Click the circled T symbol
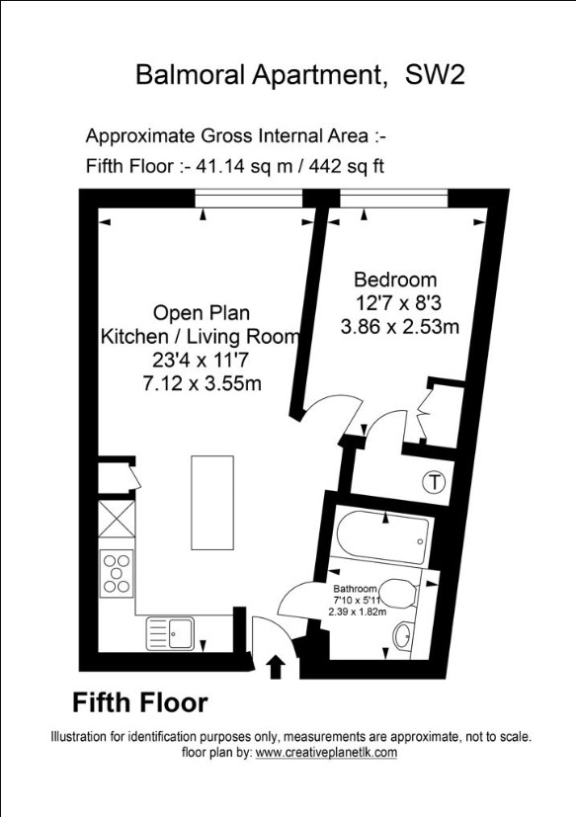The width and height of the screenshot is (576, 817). [x=434, y=481]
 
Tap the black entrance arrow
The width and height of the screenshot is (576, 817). [x=277, y=668]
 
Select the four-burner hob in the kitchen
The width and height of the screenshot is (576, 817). [x=117, y=573]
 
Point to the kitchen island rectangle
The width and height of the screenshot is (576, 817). [x=212, y=502]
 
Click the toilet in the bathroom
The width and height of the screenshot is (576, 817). [x=400, y=594]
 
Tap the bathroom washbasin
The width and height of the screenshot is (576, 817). [x=403, y=636]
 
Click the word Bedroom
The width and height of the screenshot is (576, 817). [x=395, y=280]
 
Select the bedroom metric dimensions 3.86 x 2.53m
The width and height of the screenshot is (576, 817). [x=400, y=327]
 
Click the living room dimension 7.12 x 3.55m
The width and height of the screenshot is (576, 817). [x=202, y=384]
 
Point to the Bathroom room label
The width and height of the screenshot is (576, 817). [x=355, y=589]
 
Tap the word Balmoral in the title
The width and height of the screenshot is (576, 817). [x=191, y=75]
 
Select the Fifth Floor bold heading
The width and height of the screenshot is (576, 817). [x=139, y=702]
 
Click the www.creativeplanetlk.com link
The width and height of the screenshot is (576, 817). [x=326, y=753]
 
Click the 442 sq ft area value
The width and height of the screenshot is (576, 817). [x=347, y=166]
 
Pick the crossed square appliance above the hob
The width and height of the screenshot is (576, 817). [x=117, y=519]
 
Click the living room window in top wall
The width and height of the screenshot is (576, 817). [x=249, y=199]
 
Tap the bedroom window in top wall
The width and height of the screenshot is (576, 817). [x=394, y=199]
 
